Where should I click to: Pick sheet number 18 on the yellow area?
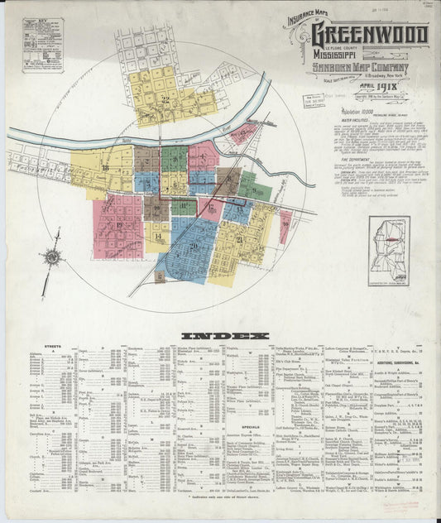point(105,168)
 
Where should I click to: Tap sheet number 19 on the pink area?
point(119,224)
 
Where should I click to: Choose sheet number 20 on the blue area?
point(194,245)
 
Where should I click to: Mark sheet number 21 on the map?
point(239,240)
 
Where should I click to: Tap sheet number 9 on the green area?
point(175,154)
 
